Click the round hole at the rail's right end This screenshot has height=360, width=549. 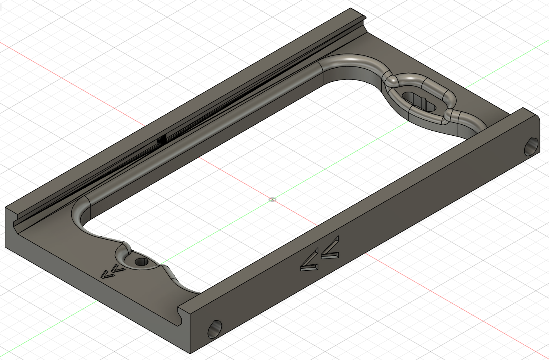click(x=531, y=146)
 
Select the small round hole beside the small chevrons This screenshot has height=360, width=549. click(x=140, y=262)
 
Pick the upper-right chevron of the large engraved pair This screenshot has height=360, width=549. click(x=330, y=249)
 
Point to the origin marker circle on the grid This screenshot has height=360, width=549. click(x=272, y=199)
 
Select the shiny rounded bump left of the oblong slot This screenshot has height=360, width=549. click(x=392, y=81)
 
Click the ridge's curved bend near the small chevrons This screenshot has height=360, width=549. click(x=80, y=213)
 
